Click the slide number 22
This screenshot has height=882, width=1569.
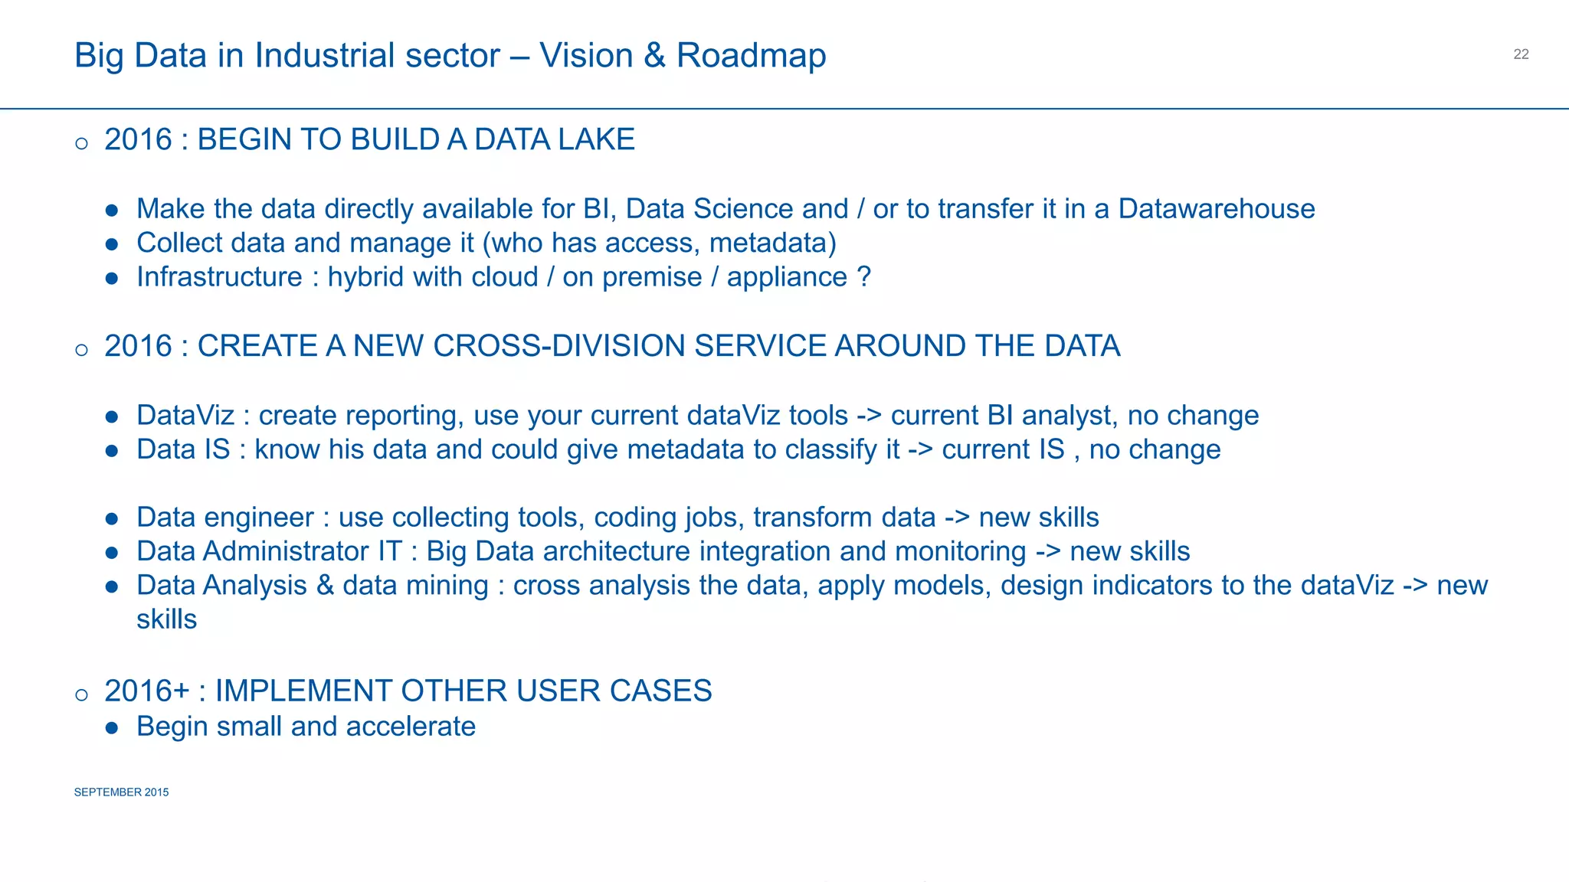click(1521, 54)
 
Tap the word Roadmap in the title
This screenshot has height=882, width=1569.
click(751, 56)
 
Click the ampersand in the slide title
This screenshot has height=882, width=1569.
click(654, 56)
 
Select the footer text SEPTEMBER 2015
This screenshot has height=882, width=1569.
click(121, 792)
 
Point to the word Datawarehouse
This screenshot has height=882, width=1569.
click(1216, 209)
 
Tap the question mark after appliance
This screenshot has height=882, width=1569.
click(864, 277)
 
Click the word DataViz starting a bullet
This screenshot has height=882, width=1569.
click(185, 416)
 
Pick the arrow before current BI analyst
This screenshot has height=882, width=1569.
click(869, 416)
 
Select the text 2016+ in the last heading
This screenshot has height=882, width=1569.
click(146, 691)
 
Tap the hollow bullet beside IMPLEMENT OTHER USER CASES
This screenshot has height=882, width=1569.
click(82, 695)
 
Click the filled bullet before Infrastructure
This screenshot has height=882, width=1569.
click(112, 278)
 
